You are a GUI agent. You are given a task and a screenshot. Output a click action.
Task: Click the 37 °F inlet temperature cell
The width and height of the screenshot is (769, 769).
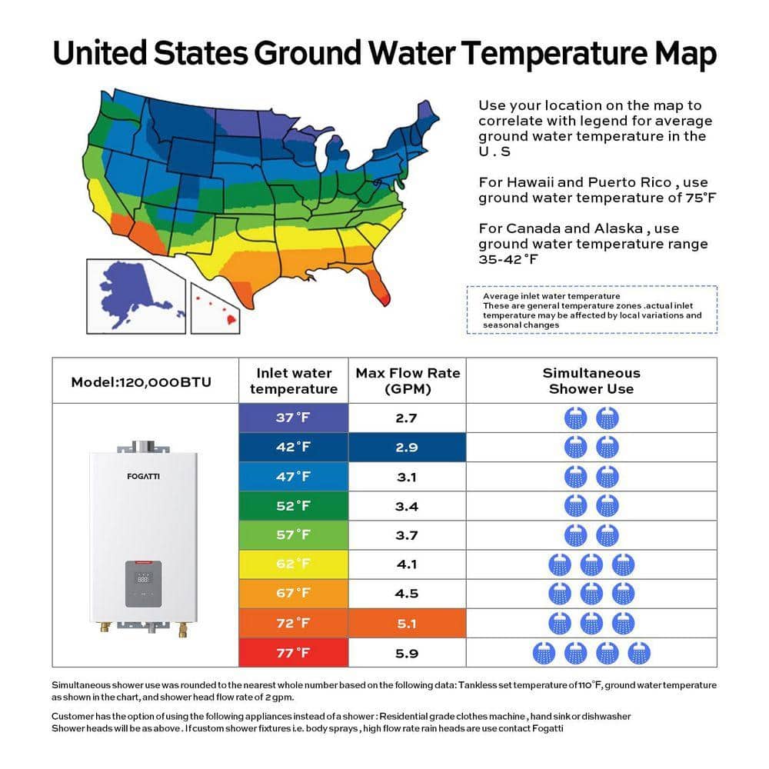click(293, 418)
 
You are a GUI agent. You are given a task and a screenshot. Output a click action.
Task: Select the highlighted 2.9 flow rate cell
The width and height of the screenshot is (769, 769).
click(407, 448)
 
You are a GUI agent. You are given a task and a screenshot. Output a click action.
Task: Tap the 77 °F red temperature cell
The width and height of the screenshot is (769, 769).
click(293, 653)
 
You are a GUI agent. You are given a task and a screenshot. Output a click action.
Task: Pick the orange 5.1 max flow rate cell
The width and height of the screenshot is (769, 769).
click(407, 624)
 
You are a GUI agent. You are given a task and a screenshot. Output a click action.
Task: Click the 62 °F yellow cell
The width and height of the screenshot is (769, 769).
click(293, 564)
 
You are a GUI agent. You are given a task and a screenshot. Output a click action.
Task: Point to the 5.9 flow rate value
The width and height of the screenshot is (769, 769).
click(407, 653)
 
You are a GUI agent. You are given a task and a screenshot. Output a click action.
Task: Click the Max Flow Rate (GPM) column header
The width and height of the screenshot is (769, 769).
click(408, 381)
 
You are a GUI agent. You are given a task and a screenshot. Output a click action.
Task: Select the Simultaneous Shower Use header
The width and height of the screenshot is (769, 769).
click(591, 381)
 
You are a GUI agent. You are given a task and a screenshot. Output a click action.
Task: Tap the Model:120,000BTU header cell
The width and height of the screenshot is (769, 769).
click(141, 382)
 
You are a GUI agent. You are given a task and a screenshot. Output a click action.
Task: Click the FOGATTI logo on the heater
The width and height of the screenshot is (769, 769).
click(143, 476)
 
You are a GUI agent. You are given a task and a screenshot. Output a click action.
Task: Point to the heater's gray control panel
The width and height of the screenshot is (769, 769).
click(143, 584)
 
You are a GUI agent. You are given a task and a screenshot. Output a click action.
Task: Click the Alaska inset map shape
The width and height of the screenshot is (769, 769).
click(131, 291)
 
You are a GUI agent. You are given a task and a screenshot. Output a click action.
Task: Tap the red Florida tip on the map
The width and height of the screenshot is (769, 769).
click(385, 298)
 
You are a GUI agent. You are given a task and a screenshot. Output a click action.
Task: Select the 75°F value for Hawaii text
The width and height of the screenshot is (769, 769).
click(701, 198)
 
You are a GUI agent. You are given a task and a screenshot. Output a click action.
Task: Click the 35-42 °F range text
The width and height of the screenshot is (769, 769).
click(508, 259)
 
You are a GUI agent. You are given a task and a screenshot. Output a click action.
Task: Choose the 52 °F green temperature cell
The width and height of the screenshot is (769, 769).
click(293, 506)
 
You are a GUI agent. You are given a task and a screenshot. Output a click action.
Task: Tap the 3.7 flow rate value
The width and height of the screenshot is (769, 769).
click(407, 535)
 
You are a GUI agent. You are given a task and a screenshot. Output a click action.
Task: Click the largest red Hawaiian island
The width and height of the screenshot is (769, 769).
click(231, 320)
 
